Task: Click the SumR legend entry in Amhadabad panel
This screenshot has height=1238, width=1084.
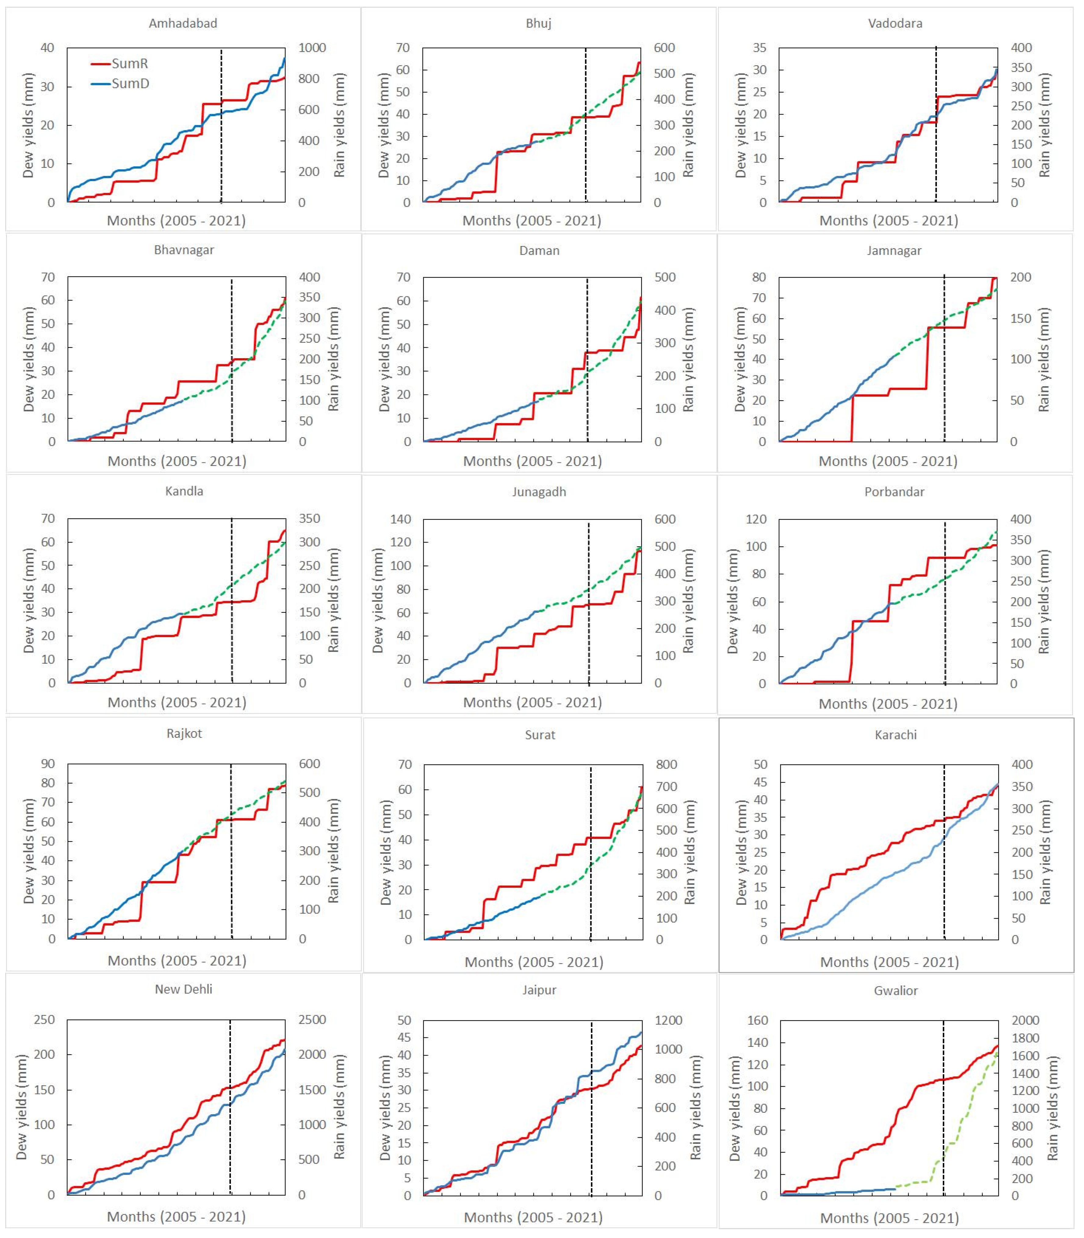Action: click(x=129, y=63)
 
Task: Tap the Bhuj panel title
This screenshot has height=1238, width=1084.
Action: click(x=538, y=23)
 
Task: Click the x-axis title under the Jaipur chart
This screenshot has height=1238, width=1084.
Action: click(x=533, y=1218)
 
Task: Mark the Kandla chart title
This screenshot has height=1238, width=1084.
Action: click(x=184, y=491)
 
